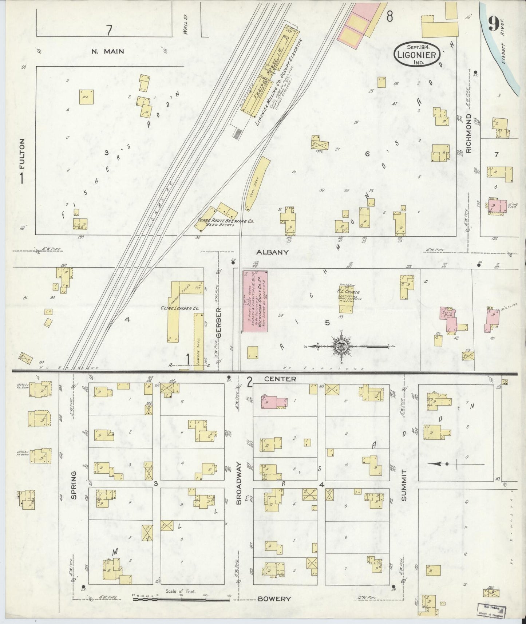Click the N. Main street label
(107, 51)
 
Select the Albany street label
(277, 252)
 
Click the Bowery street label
(274, 599)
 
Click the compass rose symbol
(341, 345)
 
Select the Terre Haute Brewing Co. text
(225, 221)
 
